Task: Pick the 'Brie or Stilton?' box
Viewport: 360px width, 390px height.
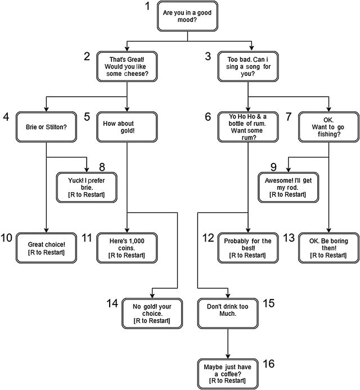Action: pos(46,127)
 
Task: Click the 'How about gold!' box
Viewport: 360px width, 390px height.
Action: pos(127,127)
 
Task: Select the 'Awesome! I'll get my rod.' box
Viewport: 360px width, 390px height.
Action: pos(289,186)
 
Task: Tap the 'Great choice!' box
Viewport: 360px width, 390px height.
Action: pos(46,248)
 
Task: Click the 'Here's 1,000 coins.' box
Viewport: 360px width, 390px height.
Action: pos(127,248)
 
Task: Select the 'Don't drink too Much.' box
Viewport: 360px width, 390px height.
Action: pos(228,313)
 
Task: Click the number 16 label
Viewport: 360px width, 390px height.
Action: pos(269,363)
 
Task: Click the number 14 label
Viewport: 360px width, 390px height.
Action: pos(112,303)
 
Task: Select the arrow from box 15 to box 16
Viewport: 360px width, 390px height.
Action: pos(228,343)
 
